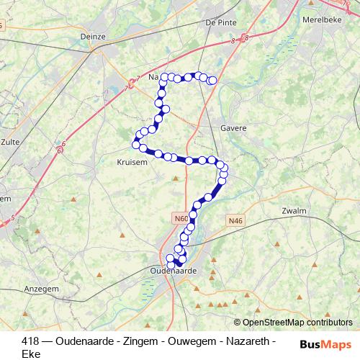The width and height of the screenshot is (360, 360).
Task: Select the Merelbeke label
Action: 321,20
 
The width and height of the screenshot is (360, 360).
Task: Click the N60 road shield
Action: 180,216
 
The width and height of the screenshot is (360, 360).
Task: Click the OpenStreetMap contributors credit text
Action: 297,323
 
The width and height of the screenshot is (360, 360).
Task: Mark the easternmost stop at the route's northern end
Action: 212,81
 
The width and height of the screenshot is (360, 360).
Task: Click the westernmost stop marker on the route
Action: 135,145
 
